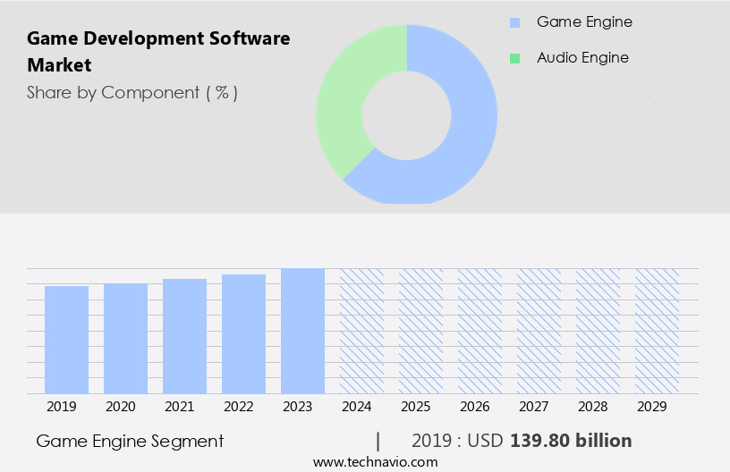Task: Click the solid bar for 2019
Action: [x=66, y=340]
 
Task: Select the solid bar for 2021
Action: [x=184, y=336]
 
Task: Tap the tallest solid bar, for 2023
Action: [x=302, y=331]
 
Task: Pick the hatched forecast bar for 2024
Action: [x=361, y=331]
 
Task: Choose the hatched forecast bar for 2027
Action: [x=539, y=331]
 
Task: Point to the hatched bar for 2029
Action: [x=657, y=331]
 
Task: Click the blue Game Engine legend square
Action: [x=514, y=22]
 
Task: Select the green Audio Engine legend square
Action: [x=514, y=58]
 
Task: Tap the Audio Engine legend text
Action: [x=582, y=58]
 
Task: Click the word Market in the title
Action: [x=59, y=65]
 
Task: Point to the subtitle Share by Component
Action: [x=132, y=92]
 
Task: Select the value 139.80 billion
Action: [x=571, y=441]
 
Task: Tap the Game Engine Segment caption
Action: [x=130, y=441]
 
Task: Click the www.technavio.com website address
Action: [x=376, y=462]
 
